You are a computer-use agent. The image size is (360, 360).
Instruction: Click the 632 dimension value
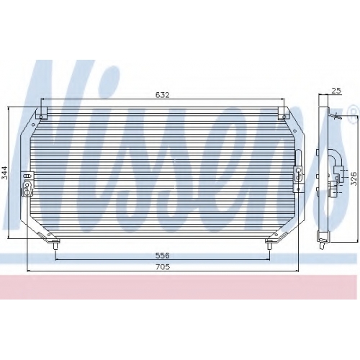coord(163,95)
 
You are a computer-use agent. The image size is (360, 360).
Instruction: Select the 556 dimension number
coord(163,256)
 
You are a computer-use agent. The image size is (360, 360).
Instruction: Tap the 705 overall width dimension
coord(163,266)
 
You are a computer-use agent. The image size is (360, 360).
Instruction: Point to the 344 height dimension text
coord(4,173)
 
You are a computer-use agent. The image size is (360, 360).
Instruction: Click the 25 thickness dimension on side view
coord(336,91)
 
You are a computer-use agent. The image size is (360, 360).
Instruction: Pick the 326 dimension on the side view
coord(354,179)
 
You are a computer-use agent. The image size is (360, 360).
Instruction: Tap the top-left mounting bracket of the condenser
coord(41,113)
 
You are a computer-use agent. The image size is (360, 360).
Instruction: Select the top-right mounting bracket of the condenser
coord(284,113)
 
